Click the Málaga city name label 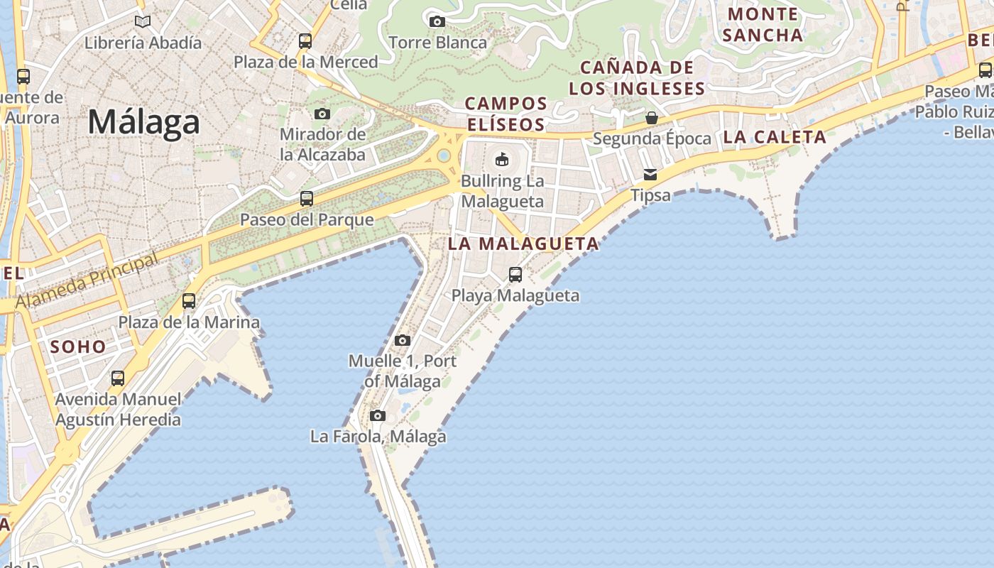pos(144,122)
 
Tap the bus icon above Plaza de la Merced pos(305,41)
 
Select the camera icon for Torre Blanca pos(437,22)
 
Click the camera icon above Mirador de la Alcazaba pos(322,114)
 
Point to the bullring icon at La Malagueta pos(502,159)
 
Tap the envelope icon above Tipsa pos(650,175)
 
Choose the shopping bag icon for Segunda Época pos(651,118)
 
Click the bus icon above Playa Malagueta pos(515,274)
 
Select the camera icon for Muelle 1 pos(403,340)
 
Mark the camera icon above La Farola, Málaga pos(378,415)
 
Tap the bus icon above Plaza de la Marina pos(189,301)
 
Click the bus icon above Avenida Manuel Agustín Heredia pos(118,378)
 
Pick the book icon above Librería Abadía pos(143,21)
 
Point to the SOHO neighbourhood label pos(78,347)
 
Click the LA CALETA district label pos(775,137)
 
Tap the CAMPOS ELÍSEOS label pos(506,114)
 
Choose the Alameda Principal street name pos(87,282)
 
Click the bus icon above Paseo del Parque pos(307,199)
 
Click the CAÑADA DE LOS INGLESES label pos(637,78)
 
